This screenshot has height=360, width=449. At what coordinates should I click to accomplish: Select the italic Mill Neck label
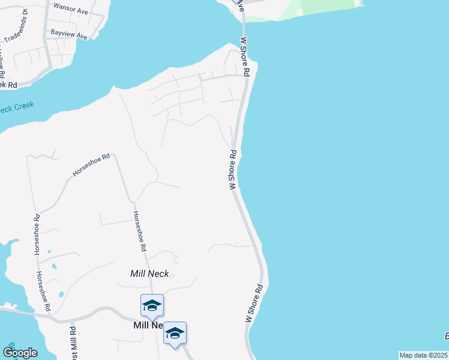pos(149,274)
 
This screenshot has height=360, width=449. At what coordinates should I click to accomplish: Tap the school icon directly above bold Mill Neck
pos(152,306)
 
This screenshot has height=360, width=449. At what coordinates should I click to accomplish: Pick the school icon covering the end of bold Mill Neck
pos(175,334)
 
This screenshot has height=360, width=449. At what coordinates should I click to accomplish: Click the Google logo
pos(19,353)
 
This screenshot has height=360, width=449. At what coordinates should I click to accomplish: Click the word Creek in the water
pos(25,106)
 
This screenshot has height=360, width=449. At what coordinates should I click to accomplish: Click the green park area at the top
pos(324,9)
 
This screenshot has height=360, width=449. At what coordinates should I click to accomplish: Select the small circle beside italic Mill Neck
pos(171,276)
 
